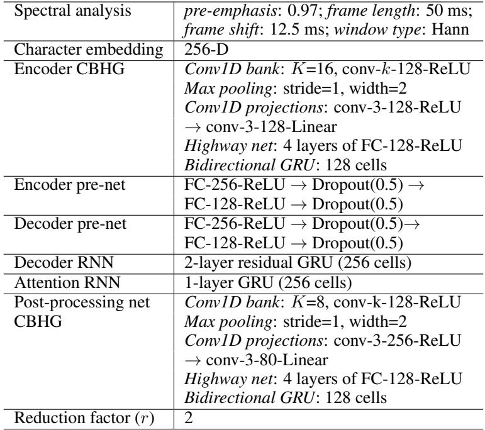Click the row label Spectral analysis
[73, 11]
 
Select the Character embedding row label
[89, 50]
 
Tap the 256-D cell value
[206, 50]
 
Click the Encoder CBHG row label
[69, 69]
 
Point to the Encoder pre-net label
[70, 185]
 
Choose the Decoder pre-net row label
[70, 224]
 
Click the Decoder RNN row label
[64, 262]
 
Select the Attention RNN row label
[67, 282]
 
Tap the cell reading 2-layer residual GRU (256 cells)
[298, 263]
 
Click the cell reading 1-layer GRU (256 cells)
[268, 282]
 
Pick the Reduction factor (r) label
[84, 418]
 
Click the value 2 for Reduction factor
[189, 418]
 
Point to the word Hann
[450, 30]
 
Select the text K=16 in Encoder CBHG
[313, 69]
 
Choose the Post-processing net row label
[82, 312]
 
